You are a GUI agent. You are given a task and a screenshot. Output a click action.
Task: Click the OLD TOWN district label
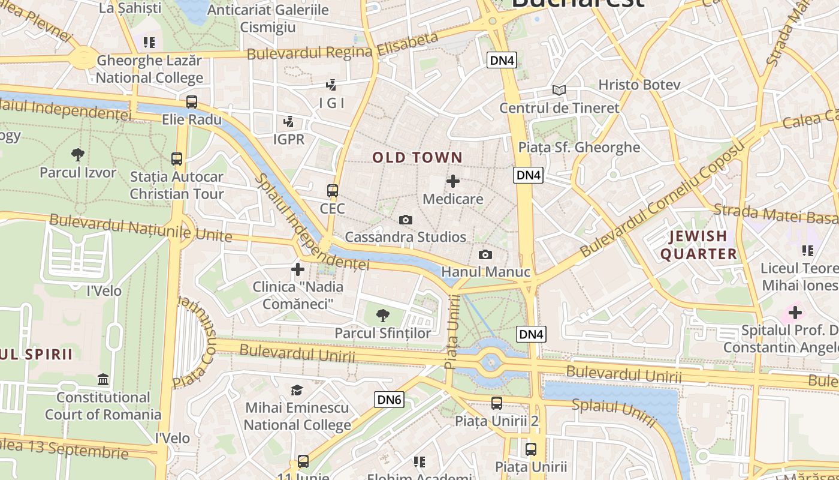coord(417,158)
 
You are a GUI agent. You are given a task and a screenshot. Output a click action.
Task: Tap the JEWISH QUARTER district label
coord(698,245)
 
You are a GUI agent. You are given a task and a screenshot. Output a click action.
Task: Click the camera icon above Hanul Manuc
coord(485,255)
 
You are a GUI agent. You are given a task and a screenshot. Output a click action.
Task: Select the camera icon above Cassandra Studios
coord(406,220)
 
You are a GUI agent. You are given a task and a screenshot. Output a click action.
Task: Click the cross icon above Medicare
coord(453,181)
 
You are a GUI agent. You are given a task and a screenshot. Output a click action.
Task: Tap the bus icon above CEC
coord(333,191)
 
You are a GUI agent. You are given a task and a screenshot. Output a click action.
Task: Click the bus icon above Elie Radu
coord(192,102)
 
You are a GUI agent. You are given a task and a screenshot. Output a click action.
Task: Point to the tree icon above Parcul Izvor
coord(77,155)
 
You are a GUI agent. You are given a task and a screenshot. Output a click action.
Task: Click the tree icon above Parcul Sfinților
coord(382,315)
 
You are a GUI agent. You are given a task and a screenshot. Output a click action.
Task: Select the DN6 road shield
coord(390,400)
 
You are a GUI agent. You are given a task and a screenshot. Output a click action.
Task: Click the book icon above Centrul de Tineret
coord(559,90)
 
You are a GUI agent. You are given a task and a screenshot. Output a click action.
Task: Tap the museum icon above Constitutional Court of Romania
coord(103,380)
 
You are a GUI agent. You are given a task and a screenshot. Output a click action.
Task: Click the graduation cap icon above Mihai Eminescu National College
coord(297,391)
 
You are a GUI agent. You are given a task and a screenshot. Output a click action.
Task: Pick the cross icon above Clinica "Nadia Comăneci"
coord(298,269)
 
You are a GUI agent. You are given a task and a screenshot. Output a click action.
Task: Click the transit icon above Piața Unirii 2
coord(497,403)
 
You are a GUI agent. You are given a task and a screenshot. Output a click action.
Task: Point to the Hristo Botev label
coord(639,85)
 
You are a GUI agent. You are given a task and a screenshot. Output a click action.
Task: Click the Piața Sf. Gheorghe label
coord(579,148)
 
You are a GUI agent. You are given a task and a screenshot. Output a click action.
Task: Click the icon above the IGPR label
coord(289,122)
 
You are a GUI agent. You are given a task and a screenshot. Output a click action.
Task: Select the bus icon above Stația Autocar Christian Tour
coord(177,159)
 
